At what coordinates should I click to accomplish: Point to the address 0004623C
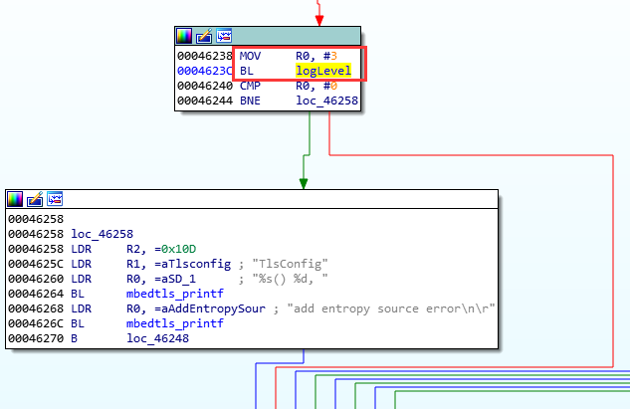coord(205,72)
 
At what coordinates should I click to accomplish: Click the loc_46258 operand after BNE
coord(326,100)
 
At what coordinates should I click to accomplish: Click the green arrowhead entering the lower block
coord(305,182)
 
